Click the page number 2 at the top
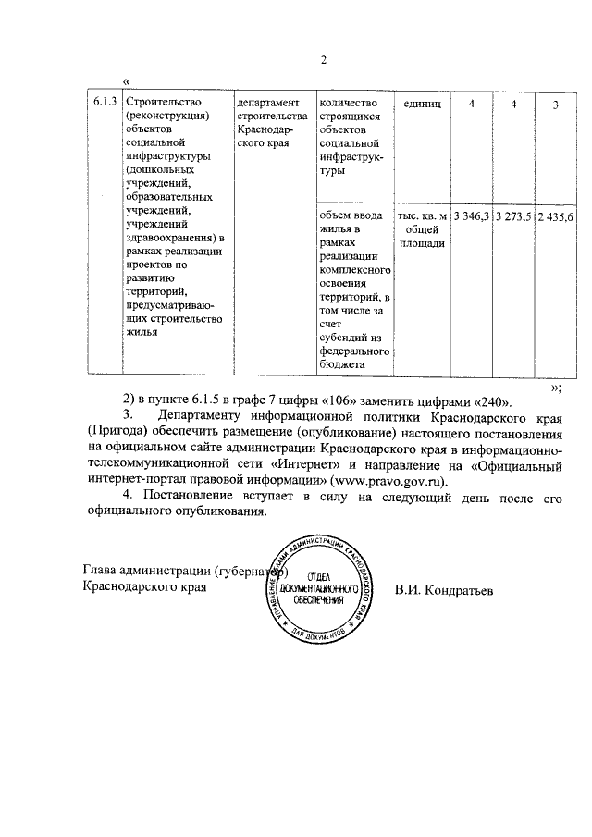(324, 61)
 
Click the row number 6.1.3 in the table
(104, 102)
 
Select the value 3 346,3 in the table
(470, 216)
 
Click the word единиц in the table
(422, 103)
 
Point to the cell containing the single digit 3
(555, 105)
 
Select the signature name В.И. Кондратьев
(443, 587)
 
